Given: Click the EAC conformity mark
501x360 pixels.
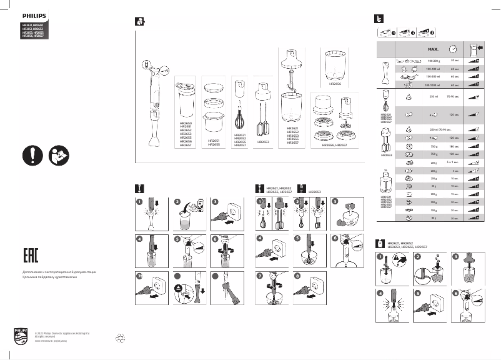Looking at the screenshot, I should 32,256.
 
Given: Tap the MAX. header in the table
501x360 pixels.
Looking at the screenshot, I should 433,48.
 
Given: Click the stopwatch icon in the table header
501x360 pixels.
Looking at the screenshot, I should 454,48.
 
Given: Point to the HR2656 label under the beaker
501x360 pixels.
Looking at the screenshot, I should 335,83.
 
